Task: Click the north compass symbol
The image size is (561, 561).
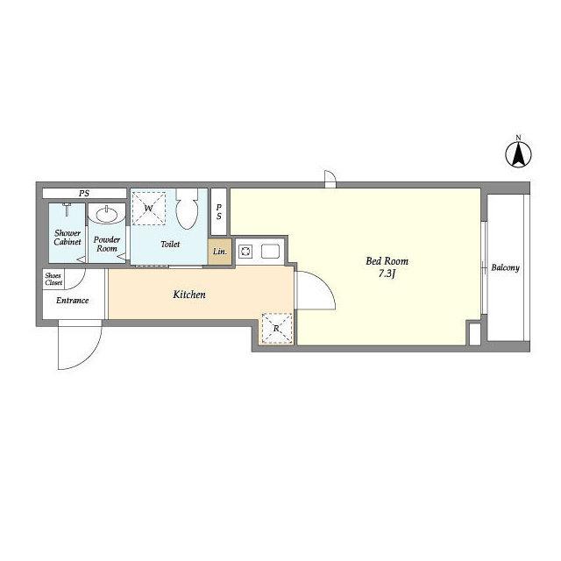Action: tap(518, 154)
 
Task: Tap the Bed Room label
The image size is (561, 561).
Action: tap(387, 261)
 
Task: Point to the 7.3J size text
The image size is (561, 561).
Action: tap(387, 274)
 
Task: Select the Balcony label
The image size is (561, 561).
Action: tap(505, 267)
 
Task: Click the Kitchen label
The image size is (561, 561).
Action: tap(189, 295)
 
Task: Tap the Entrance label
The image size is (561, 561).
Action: tap(72, 300)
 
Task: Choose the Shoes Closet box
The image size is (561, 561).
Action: tap(53, 279)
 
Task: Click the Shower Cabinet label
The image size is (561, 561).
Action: tap(67, 238)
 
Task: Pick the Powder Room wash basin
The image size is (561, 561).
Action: tap(107, 214)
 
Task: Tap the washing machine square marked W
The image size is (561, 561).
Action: tap(148, 209)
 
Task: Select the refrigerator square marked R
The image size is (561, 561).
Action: tap(277, 328)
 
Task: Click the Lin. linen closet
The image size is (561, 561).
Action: tap(220, 252)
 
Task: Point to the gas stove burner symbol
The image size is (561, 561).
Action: tap(245, 252)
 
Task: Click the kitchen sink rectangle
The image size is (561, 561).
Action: tap(270, 252)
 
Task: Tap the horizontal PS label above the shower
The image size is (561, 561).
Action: tap(84, 193)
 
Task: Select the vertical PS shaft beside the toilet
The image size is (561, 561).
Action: tap(218, 211)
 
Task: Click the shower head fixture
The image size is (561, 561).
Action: tap(67, 209)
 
